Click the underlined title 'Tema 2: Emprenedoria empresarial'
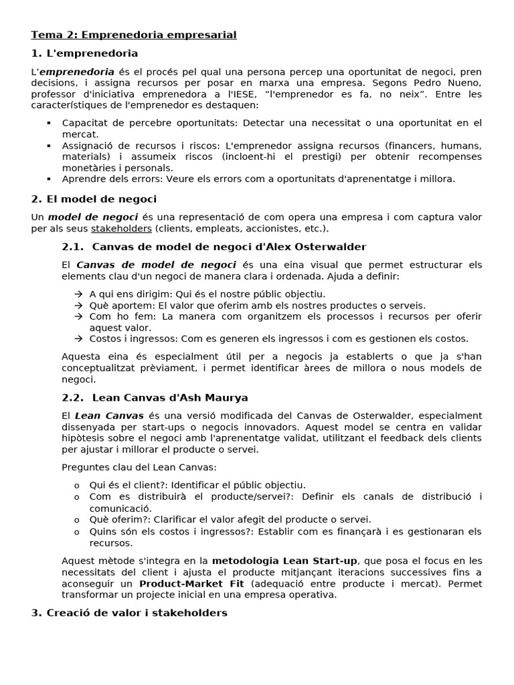(x=134, y=34)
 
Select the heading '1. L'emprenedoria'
(x=85, y=53)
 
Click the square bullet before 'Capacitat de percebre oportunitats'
(x=49, y=123)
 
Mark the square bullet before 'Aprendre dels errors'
(x=49, y=179)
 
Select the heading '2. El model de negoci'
(x=94, y=199)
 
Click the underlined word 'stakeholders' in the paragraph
(x=121, y=229)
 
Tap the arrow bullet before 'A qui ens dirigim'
(x=78, y=294)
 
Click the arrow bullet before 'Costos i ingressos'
(x=78, y=338)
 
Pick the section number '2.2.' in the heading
(x=73, y=397)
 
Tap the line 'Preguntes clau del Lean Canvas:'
(x=139, y=467)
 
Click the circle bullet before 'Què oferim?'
(x=77, y=519)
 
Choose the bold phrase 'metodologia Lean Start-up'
(x=285, y=561)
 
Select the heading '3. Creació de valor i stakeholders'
(x=129, y=613)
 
